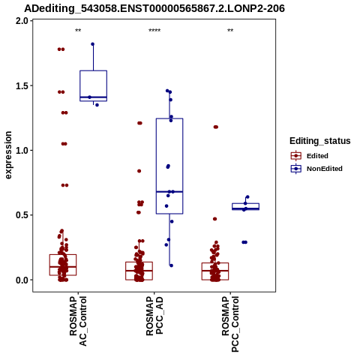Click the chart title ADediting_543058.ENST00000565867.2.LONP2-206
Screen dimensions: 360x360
154,9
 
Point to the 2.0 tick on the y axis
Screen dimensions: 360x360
22,21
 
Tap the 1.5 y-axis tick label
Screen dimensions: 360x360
22,85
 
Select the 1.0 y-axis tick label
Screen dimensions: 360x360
22,151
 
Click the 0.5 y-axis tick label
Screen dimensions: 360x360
22,215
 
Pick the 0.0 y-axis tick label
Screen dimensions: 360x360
22,280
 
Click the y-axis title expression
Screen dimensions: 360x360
8,155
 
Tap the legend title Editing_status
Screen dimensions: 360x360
320,141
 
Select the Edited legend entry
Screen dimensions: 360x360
317,156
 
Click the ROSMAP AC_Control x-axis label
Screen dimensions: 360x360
78,321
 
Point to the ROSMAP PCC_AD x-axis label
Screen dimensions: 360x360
154,316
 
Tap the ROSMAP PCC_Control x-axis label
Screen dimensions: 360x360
230,324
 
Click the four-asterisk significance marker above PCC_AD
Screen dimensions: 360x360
154,31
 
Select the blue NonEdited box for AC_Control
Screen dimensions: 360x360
94,85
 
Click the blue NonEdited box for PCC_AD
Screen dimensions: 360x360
169,166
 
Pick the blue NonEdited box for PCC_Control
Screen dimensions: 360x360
246,206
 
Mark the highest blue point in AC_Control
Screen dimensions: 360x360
92,44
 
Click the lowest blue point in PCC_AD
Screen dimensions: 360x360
171,265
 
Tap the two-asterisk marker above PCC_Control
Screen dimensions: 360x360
230,31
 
